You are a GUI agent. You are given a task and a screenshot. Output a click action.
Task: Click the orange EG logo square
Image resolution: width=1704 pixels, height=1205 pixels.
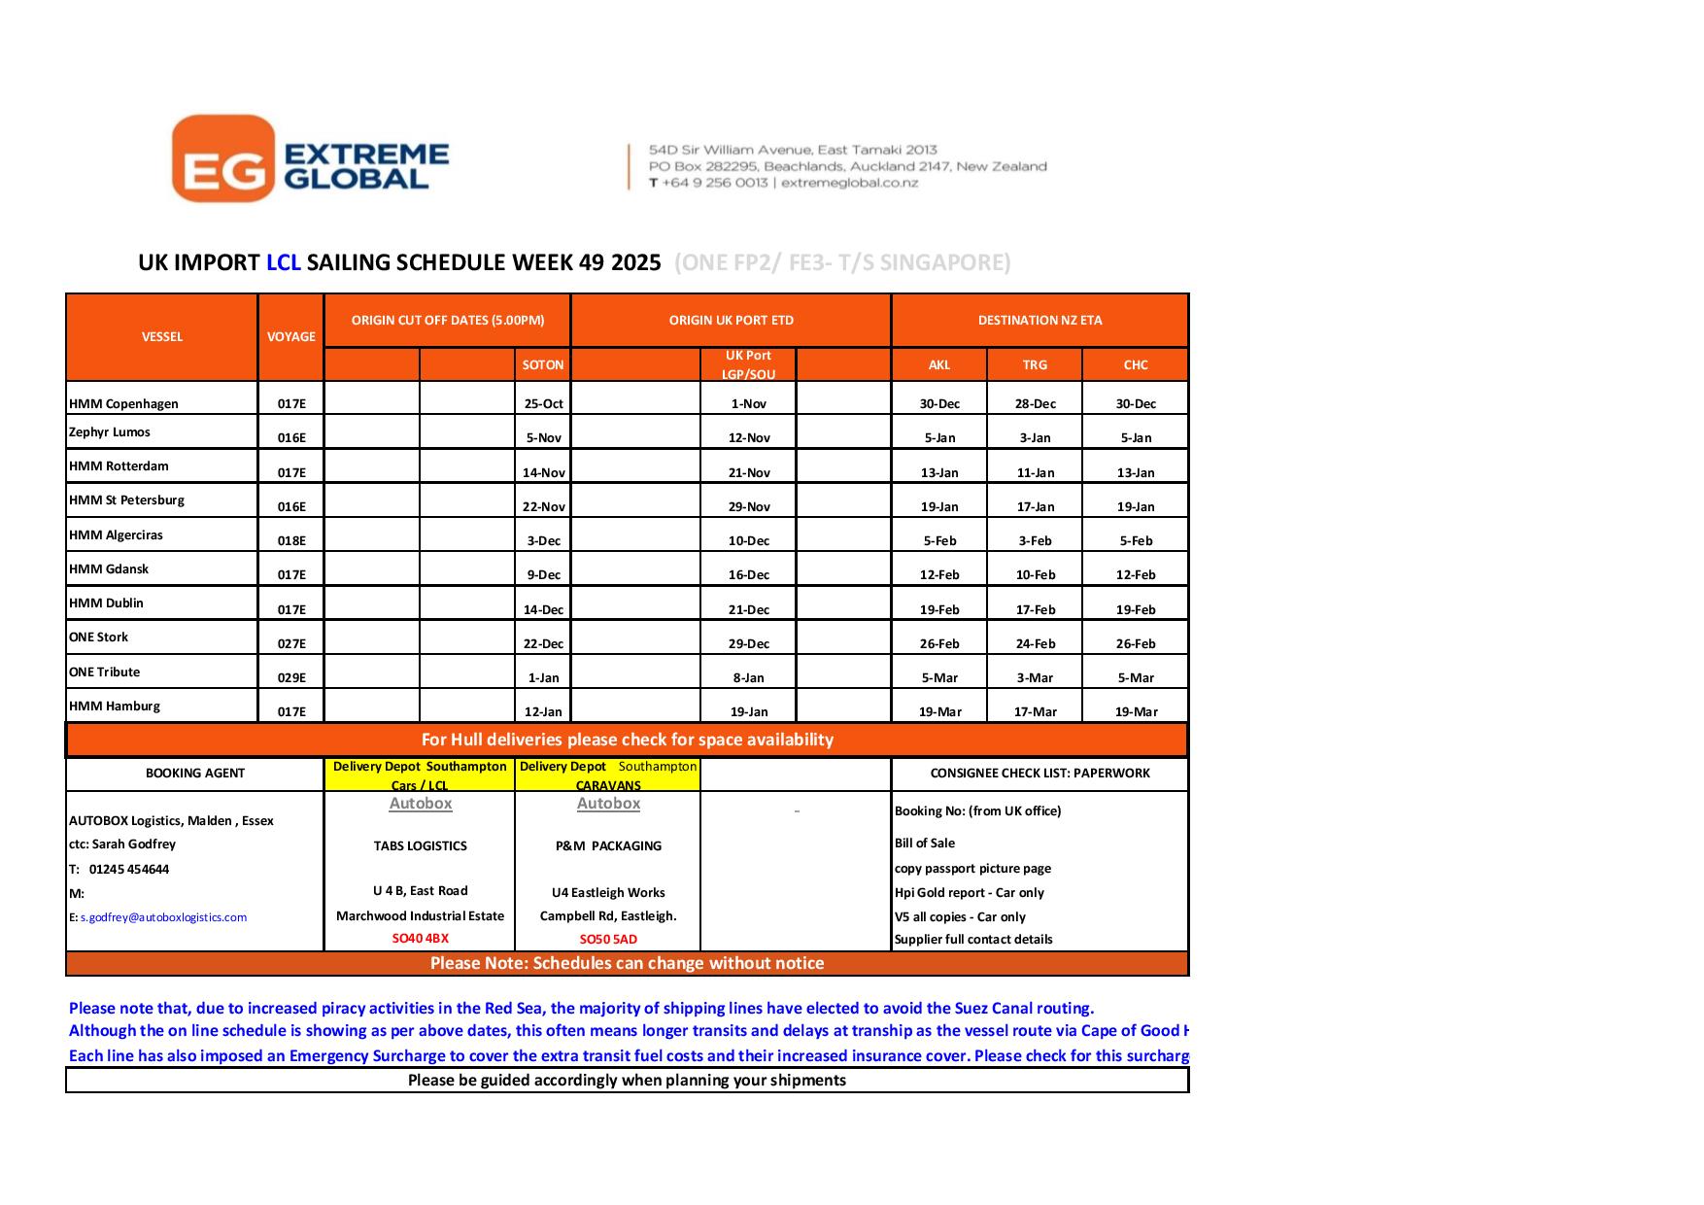pos(222,158)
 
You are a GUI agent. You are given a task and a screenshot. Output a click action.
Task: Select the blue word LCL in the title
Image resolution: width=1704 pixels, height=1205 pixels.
pos(283,262)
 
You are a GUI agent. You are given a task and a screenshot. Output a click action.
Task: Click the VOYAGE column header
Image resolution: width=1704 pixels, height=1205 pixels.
pos(291,337)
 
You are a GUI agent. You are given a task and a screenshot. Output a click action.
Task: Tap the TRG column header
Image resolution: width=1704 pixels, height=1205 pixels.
pos(1035,365)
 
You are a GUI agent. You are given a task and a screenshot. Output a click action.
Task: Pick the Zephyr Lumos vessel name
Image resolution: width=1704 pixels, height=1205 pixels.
pos(110,432)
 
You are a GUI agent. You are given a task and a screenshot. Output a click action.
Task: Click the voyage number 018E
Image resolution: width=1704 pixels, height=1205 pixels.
pos(291,541)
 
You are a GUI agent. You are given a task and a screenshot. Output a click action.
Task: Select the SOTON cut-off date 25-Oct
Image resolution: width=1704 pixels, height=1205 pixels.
pos(544,404)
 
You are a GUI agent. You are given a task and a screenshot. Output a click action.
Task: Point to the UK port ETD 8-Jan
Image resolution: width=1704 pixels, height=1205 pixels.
pos(748,678)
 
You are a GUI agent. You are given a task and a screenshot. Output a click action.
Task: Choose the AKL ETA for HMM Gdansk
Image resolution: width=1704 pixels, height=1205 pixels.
pos(939,575)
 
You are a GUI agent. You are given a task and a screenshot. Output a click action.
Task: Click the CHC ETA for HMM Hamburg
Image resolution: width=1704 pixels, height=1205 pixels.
pos(1136,712)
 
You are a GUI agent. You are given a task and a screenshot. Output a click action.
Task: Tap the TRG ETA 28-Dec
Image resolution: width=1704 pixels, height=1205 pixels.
pos(1035,404)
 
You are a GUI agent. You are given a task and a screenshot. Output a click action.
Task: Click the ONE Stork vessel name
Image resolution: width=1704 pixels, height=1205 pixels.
pos(99,637)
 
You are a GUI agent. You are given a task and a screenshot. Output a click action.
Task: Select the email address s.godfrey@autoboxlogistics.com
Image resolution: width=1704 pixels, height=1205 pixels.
pos(163,917)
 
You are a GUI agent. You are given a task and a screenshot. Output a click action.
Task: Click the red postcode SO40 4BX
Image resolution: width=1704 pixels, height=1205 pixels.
pos(420,939)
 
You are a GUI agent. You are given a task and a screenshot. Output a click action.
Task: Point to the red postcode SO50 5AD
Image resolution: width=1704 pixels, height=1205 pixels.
pos(608,940)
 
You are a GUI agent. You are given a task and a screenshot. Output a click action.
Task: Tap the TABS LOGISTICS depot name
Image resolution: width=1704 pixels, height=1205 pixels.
pos(420,846)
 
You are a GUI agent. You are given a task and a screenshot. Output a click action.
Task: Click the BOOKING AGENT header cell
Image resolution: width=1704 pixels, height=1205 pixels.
pos(194,774)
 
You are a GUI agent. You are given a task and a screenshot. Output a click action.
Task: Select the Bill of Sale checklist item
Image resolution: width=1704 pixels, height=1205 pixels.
pos(924,843)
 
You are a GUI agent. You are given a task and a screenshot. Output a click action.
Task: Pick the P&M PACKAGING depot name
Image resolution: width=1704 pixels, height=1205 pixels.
pos(608,846)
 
